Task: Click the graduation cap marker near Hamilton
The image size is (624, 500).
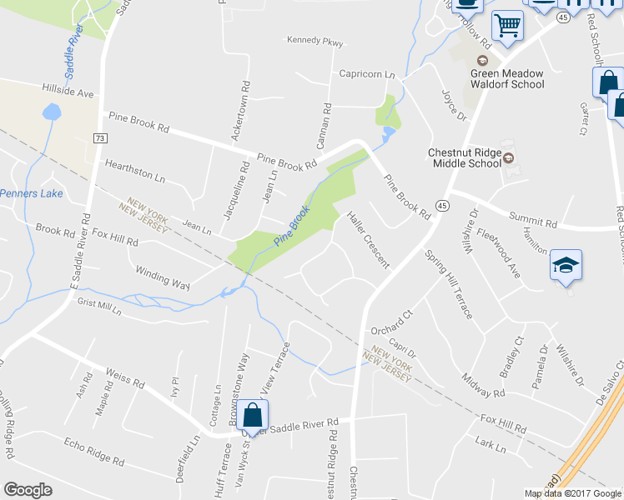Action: pos(566,266)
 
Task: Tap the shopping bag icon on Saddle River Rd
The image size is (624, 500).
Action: pos(252,413)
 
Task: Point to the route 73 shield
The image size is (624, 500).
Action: pos(100,137)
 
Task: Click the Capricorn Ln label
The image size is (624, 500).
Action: pos(366,74)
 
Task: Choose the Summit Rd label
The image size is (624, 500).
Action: pos(539,222)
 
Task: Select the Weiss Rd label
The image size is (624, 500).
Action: pos(126,381)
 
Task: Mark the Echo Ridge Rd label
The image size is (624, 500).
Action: pos(94,450)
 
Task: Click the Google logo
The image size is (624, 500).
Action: pos(28,490)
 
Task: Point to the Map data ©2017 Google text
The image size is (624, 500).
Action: pos(573,493)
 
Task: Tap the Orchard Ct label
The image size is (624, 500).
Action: pos(391,321)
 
